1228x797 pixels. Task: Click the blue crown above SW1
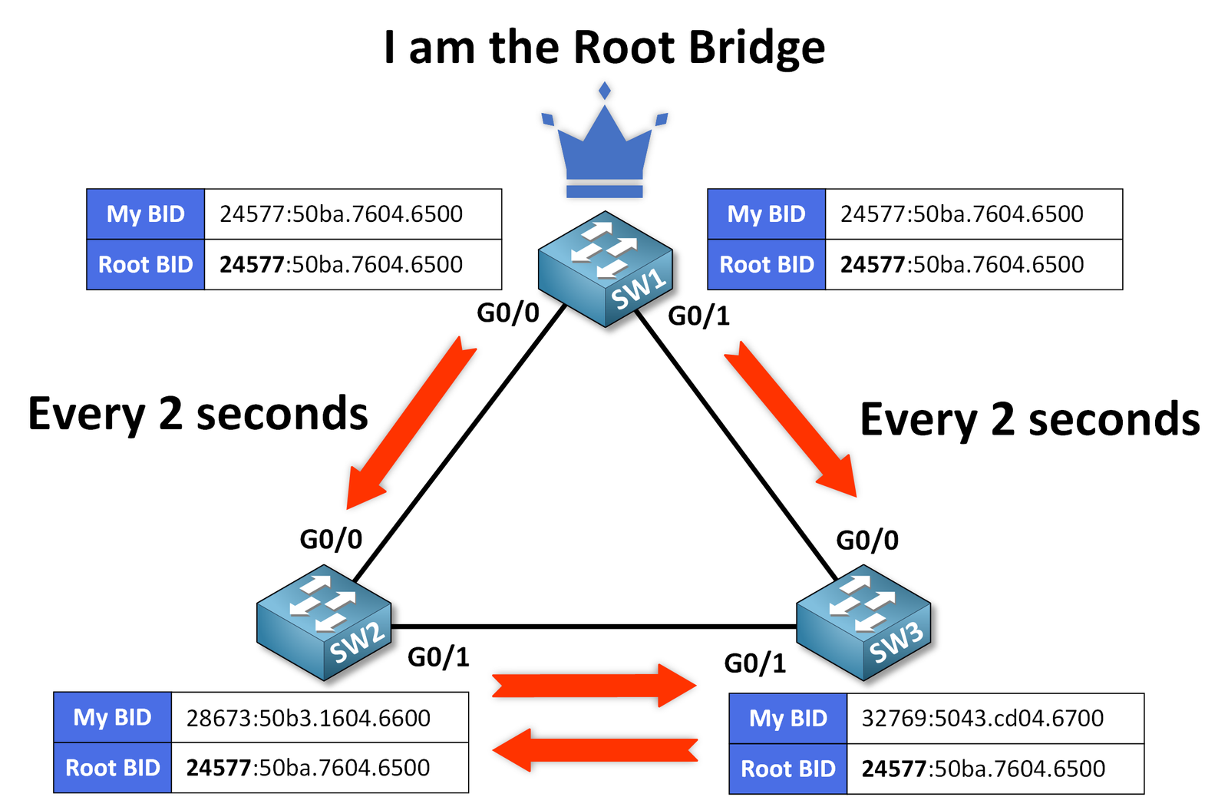[605, 150]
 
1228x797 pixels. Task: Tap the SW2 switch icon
[324, 623]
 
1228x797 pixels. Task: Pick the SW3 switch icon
[863, 623]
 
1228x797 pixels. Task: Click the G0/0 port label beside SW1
[508, 313]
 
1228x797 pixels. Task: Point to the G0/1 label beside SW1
[698, 316]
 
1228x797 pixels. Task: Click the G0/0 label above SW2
[331, 539]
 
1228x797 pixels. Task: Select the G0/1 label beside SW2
[438, 657]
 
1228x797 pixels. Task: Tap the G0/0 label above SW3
[867, 541]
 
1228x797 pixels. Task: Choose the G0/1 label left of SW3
[755, 663]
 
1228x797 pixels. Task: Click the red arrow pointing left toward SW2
[596, 749]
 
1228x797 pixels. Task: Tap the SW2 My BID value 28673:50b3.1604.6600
[309, 718]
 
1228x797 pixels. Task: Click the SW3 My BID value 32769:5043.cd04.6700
[982, 718]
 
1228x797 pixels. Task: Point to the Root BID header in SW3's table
[787, 769]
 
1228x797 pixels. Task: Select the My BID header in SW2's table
[112, 717]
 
